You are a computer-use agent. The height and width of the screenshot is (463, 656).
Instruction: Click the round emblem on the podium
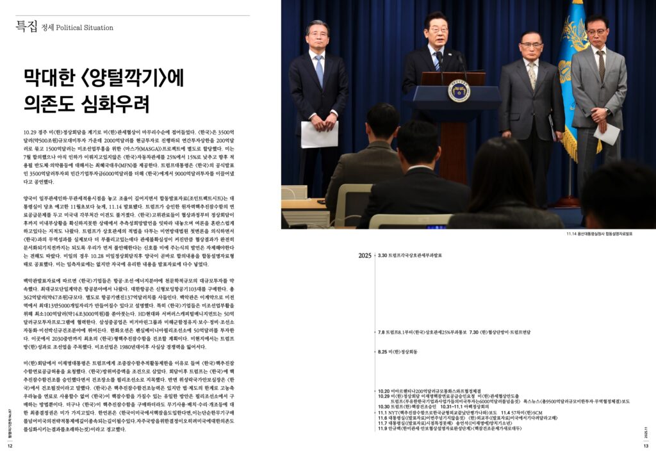point(459,90)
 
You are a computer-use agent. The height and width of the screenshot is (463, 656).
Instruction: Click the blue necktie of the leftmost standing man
point(319,70)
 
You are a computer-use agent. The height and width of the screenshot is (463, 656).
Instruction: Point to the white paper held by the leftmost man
point(319,134)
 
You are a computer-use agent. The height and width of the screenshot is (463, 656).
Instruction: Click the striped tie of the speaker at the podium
point(438,61)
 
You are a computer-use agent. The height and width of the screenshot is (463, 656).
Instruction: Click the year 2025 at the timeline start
point(365,256)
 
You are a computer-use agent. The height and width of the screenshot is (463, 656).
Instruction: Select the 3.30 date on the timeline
point(382,255)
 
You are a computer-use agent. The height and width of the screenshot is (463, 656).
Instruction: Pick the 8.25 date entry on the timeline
point(383,352)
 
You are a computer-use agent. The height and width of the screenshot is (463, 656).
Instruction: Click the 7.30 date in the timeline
point(475,332)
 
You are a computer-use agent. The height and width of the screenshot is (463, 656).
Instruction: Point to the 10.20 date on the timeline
point(384,390)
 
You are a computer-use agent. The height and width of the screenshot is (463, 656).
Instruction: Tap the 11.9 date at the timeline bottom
point(383,428)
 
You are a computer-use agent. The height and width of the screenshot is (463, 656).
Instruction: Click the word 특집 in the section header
point(27,26)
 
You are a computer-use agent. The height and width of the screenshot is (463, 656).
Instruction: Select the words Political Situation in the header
point(85,28)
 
